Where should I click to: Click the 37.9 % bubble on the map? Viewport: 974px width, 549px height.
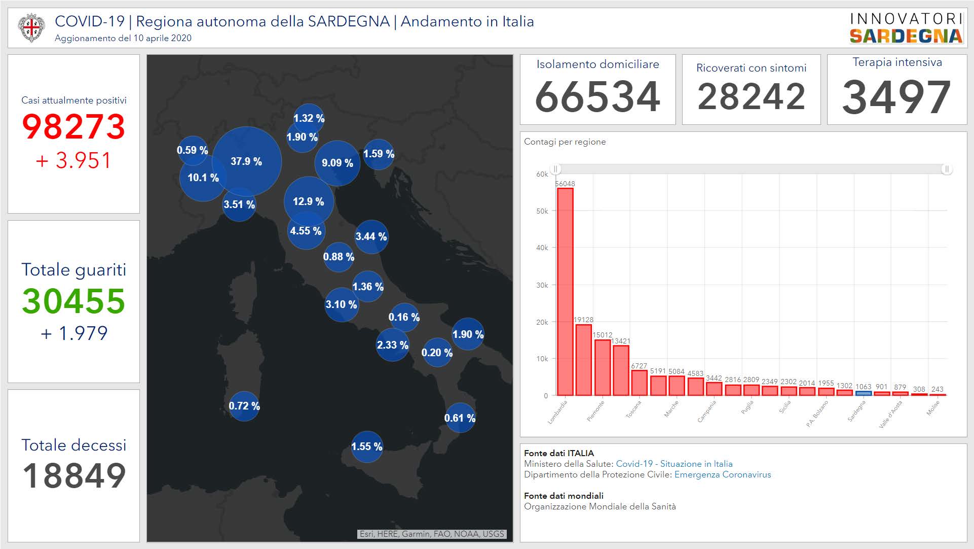click(247, 161)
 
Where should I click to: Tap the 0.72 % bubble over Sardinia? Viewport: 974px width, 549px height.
click(244, 406)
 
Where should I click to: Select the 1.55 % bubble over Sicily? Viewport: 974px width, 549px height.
click(367, 447)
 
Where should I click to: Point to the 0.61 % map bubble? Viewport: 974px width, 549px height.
click(460, 418)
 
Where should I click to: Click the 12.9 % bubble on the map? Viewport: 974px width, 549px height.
click(309, 201)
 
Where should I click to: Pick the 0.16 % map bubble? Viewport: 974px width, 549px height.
click(404, 317)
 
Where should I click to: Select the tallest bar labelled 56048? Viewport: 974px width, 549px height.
click(565, 292)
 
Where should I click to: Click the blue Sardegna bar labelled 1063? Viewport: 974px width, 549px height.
click(864, 393)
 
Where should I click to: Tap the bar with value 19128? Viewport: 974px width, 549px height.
click(584, 360)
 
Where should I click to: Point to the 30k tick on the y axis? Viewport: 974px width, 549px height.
click(542, 285)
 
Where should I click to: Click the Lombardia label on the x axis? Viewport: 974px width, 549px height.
click(558, 412)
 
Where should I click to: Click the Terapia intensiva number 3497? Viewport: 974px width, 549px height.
click(896, 97)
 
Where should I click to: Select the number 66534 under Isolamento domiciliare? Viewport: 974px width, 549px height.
click(597, 97)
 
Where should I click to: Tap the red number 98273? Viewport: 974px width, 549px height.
click(73, 126)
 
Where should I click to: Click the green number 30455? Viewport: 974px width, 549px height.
click(73, 301)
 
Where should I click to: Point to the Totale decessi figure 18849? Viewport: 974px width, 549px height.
click(74, 476)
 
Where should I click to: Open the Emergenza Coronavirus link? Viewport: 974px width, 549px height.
click(723, 475)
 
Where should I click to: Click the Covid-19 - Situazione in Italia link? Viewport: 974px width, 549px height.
click(674, 464)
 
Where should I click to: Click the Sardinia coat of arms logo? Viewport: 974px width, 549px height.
click(31, 28)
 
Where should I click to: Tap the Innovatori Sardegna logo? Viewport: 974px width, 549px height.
click(906, 28)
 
